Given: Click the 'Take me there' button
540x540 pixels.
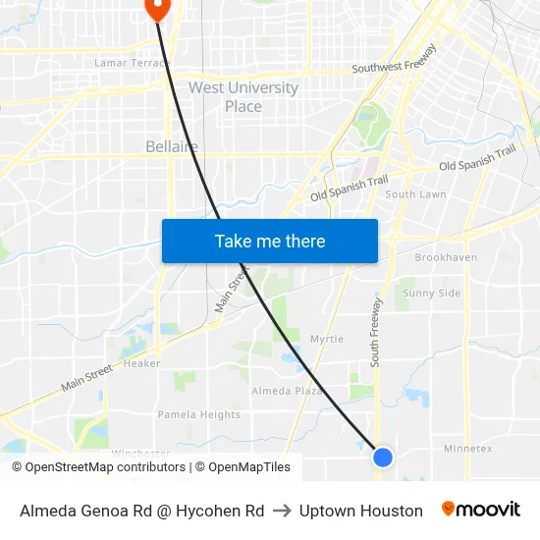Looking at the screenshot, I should [x=270, y=241].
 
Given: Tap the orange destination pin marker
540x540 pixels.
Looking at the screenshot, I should [x=157, y=7].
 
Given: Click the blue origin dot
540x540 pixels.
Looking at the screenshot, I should [x=383, y=457].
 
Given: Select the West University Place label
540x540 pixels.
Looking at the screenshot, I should [x=243, y=96].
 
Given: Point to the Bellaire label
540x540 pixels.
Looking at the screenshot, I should [x=172, y=146].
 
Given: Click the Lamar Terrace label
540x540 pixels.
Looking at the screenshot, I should [x=132, y=63].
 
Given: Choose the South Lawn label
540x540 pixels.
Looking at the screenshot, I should [x=415, y=194].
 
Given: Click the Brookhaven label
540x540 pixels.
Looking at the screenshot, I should [x=446, y=257].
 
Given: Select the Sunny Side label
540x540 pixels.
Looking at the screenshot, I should [x=432, y=293].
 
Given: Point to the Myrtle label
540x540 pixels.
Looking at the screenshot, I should [x=327, y=339].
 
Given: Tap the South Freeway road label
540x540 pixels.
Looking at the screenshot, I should [x=375, y=334].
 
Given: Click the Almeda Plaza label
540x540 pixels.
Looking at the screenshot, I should [x=288, y=391].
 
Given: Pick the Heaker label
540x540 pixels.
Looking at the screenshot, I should [x=142, y=363].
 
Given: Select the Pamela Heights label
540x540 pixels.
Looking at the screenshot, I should [x=199, y=414].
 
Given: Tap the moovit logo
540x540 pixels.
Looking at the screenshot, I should [x=480, y=509].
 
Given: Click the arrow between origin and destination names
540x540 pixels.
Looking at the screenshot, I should [x=282, y=511].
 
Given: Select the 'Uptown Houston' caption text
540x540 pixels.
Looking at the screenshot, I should [x=360, y=511].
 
